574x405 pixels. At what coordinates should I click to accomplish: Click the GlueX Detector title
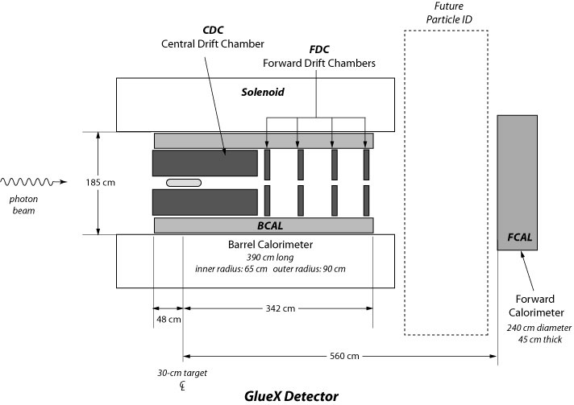click(x=291, y=395)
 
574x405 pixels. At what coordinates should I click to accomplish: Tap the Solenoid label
click(x=264, y=93)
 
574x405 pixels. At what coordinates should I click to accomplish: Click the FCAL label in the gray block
click(x=522, y=237)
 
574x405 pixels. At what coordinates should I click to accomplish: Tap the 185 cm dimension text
click(x=101, y=183)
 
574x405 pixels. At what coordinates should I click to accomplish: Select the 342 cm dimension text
click(x=277, y=307)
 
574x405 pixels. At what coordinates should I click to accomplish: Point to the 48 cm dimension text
click(x=168, y=320)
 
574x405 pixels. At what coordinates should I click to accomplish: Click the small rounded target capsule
click(x=183, y=183)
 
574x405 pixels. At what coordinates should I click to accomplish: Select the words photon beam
click(x=23, y=205)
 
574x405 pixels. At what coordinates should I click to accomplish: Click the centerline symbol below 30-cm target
click(x=184, y=387)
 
